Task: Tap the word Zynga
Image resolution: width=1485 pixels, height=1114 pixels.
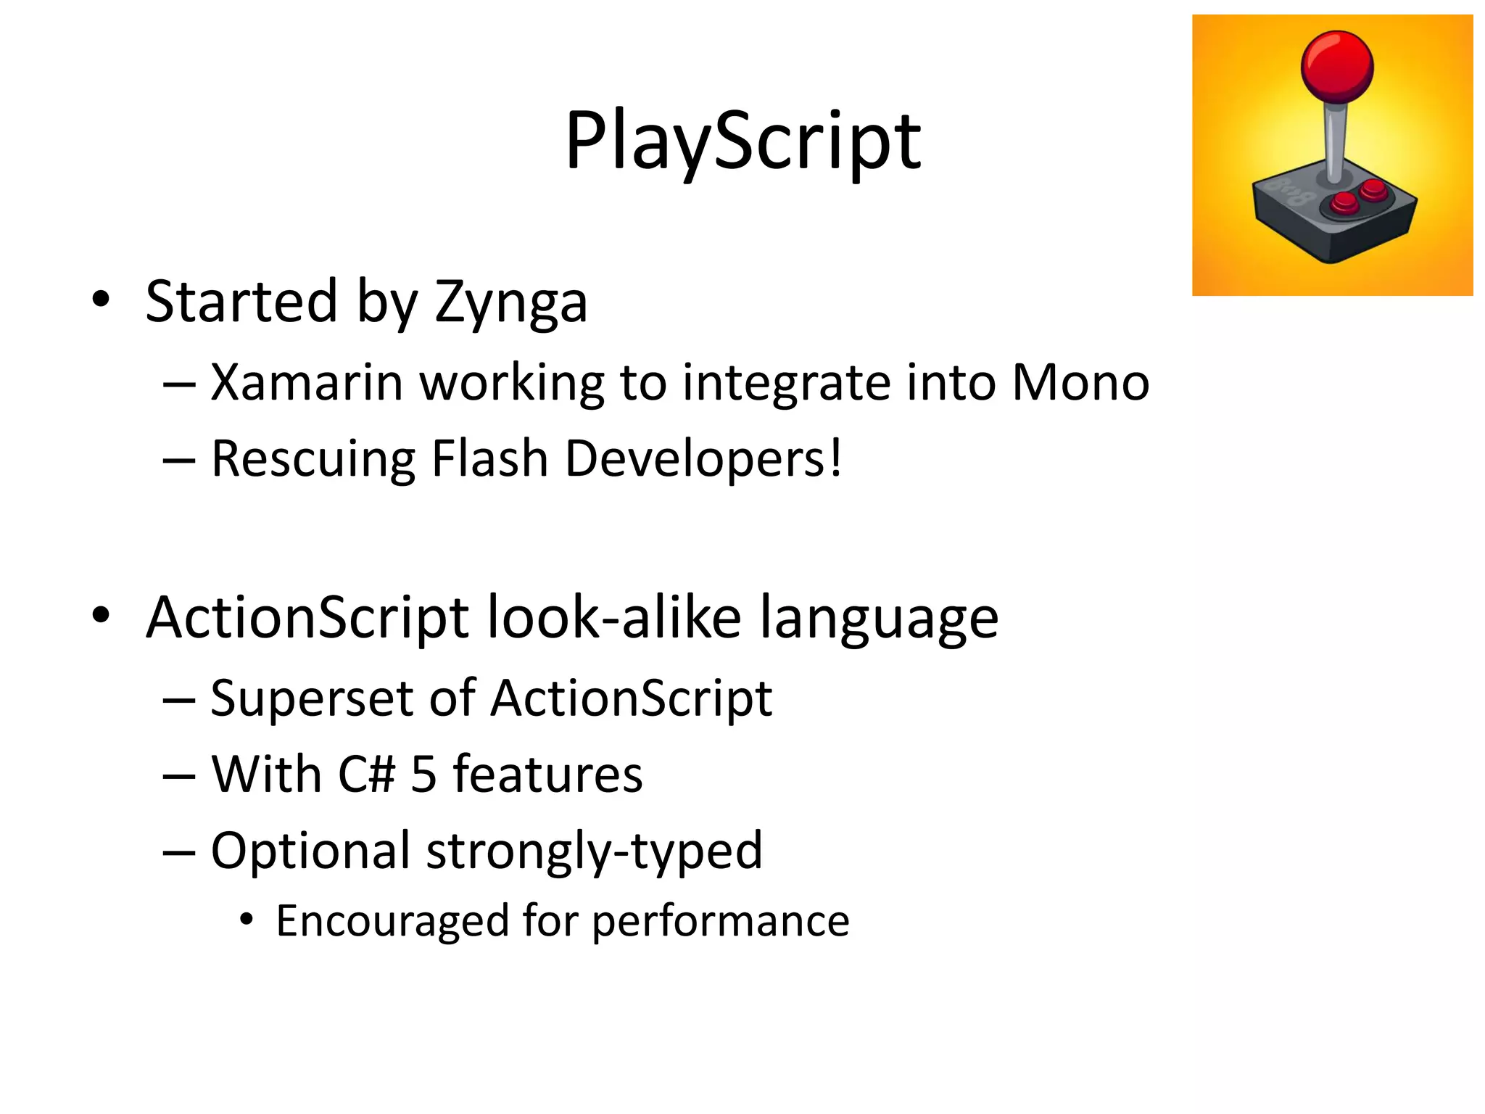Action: point(510,303)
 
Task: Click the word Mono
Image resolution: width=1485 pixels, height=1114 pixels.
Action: point(1080,382)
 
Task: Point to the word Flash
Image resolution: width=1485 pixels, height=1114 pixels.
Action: point(489,459)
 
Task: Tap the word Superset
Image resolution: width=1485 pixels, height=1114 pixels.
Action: point(311,698)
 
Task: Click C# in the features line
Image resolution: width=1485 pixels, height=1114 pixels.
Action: point(366,774)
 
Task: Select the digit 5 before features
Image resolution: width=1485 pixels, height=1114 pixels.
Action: point(424,774)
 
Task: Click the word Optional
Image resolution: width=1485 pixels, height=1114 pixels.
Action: point(310,851)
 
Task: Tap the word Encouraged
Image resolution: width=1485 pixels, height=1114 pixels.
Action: point(392,922)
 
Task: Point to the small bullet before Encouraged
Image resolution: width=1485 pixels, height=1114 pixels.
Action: point(247,920)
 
